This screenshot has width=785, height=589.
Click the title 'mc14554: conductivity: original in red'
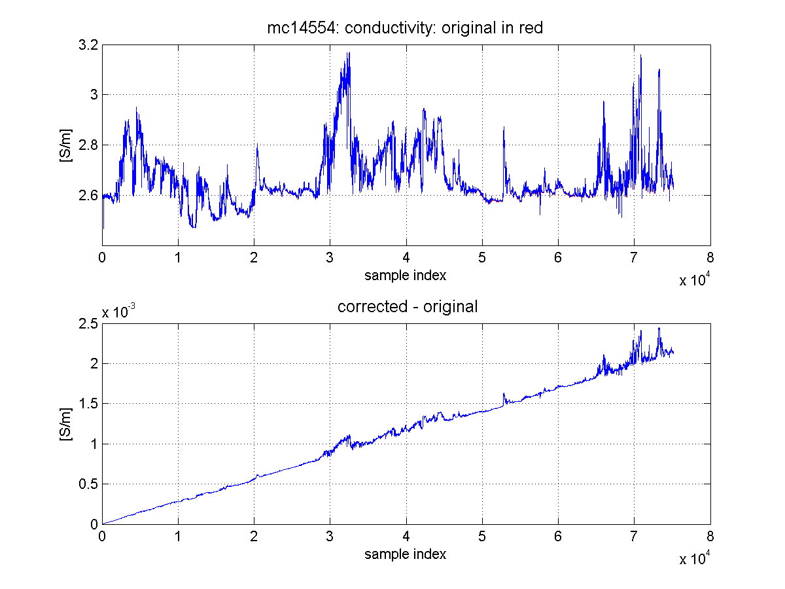tap(405, 28)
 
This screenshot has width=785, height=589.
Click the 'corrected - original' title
tap(408, 306)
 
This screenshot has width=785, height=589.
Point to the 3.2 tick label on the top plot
tap(88, 45)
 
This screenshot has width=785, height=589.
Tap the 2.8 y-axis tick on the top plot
tap(88, 145)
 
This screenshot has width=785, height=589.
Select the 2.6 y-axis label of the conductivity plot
tap(88, 195)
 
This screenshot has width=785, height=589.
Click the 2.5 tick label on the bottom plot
tap(88, 324)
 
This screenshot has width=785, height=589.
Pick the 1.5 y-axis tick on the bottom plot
tap(88, 404)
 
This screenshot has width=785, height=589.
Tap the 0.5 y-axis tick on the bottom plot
tap(88, 484)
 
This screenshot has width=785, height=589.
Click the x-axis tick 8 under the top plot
tap(710, 257)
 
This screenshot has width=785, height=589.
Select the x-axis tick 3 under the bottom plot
tap(330, 536)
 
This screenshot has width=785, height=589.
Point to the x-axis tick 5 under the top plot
tap(482, 257)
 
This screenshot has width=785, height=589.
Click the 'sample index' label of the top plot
tap(405, 276)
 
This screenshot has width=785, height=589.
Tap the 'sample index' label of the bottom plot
tap(405, 554)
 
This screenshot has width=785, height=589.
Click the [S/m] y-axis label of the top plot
tap(66, 145)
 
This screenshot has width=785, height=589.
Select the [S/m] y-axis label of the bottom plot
tap(66, 424)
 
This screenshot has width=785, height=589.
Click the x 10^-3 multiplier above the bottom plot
tap(118, 311)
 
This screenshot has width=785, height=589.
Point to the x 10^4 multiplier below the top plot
tap(695, 279)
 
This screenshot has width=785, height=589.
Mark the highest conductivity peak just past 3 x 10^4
tap(349, 52)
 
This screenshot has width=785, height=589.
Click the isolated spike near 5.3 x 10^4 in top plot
tap(504, 126)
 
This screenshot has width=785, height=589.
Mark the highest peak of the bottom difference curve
tap(659, 328)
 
